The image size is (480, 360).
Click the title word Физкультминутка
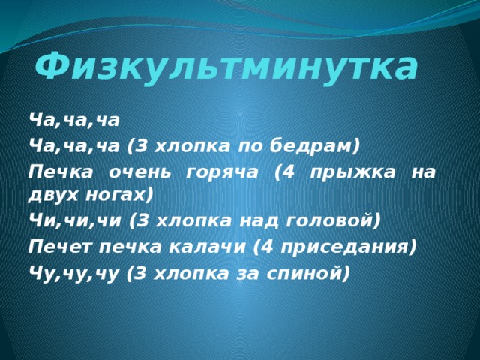[226, 67]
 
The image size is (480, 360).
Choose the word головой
[336, 220]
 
